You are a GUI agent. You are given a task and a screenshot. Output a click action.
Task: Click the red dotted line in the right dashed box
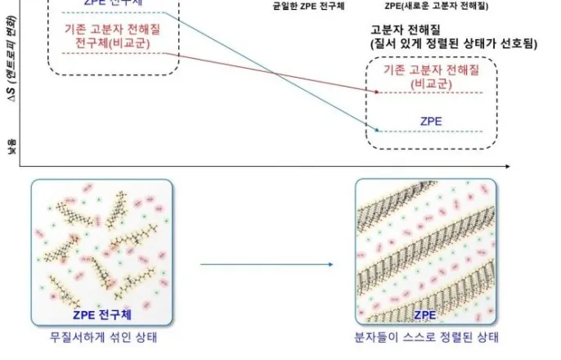[430, 92]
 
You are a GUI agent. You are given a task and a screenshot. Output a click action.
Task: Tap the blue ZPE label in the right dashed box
[431, 120]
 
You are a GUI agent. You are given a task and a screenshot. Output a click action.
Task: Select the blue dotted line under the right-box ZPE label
[430, 132]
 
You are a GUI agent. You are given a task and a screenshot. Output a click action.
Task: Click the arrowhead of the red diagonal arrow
[377, 92]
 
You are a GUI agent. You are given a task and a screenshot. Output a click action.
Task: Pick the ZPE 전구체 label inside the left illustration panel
[96, 313]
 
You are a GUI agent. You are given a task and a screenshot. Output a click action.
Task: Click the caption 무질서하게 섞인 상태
[96, 337]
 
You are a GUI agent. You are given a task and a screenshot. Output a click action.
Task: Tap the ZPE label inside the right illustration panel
[426, 314]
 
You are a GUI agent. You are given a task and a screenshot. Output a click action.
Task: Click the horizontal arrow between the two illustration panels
[267, 264]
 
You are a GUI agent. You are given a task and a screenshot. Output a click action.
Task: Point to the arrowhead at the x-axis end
[507, 166]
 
